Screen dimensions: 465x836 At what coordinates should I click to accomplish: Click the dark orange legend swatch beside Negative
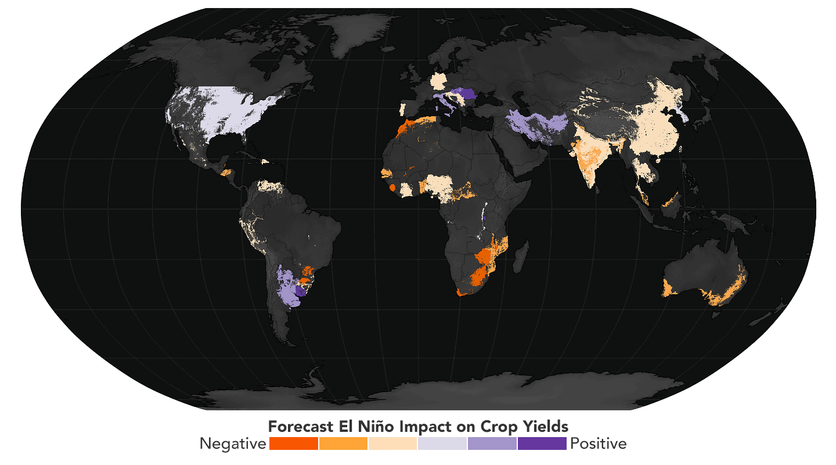pos(294,443)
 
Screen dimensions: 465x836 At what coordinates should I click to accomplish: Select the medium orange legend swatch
pos(343,443)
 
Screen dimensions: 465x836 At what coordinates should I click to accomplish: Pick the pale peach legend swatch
pos(392,443)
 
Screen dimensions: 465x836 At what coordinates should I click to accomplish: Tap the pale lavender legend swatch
pos(442,443)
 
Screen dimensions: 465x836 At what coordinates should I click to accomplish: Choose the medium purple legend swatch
pos(492,443)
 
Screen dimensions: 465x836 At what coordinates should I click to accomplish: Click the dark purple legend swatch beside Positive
pos(542,443)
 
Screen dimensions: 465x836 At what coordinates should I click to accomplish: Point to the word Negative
pos(232,443)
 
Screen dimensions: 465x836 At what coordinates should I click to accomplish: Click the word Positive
pos(599,443)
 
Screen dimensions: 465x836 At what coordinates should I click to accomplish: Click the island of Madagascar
pos(521,256)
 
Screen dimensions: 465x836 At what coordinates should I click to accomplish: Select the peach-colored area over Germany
pos(438,81)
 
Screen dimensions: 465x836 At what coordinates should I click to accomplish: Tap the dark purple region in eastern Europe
pos(467,95)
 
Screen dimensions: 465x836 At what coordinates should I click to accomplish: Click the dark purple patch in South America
pos(300,291)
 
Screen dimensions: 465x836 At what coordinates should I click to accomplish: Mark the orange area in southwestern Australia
pos(669,288)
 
